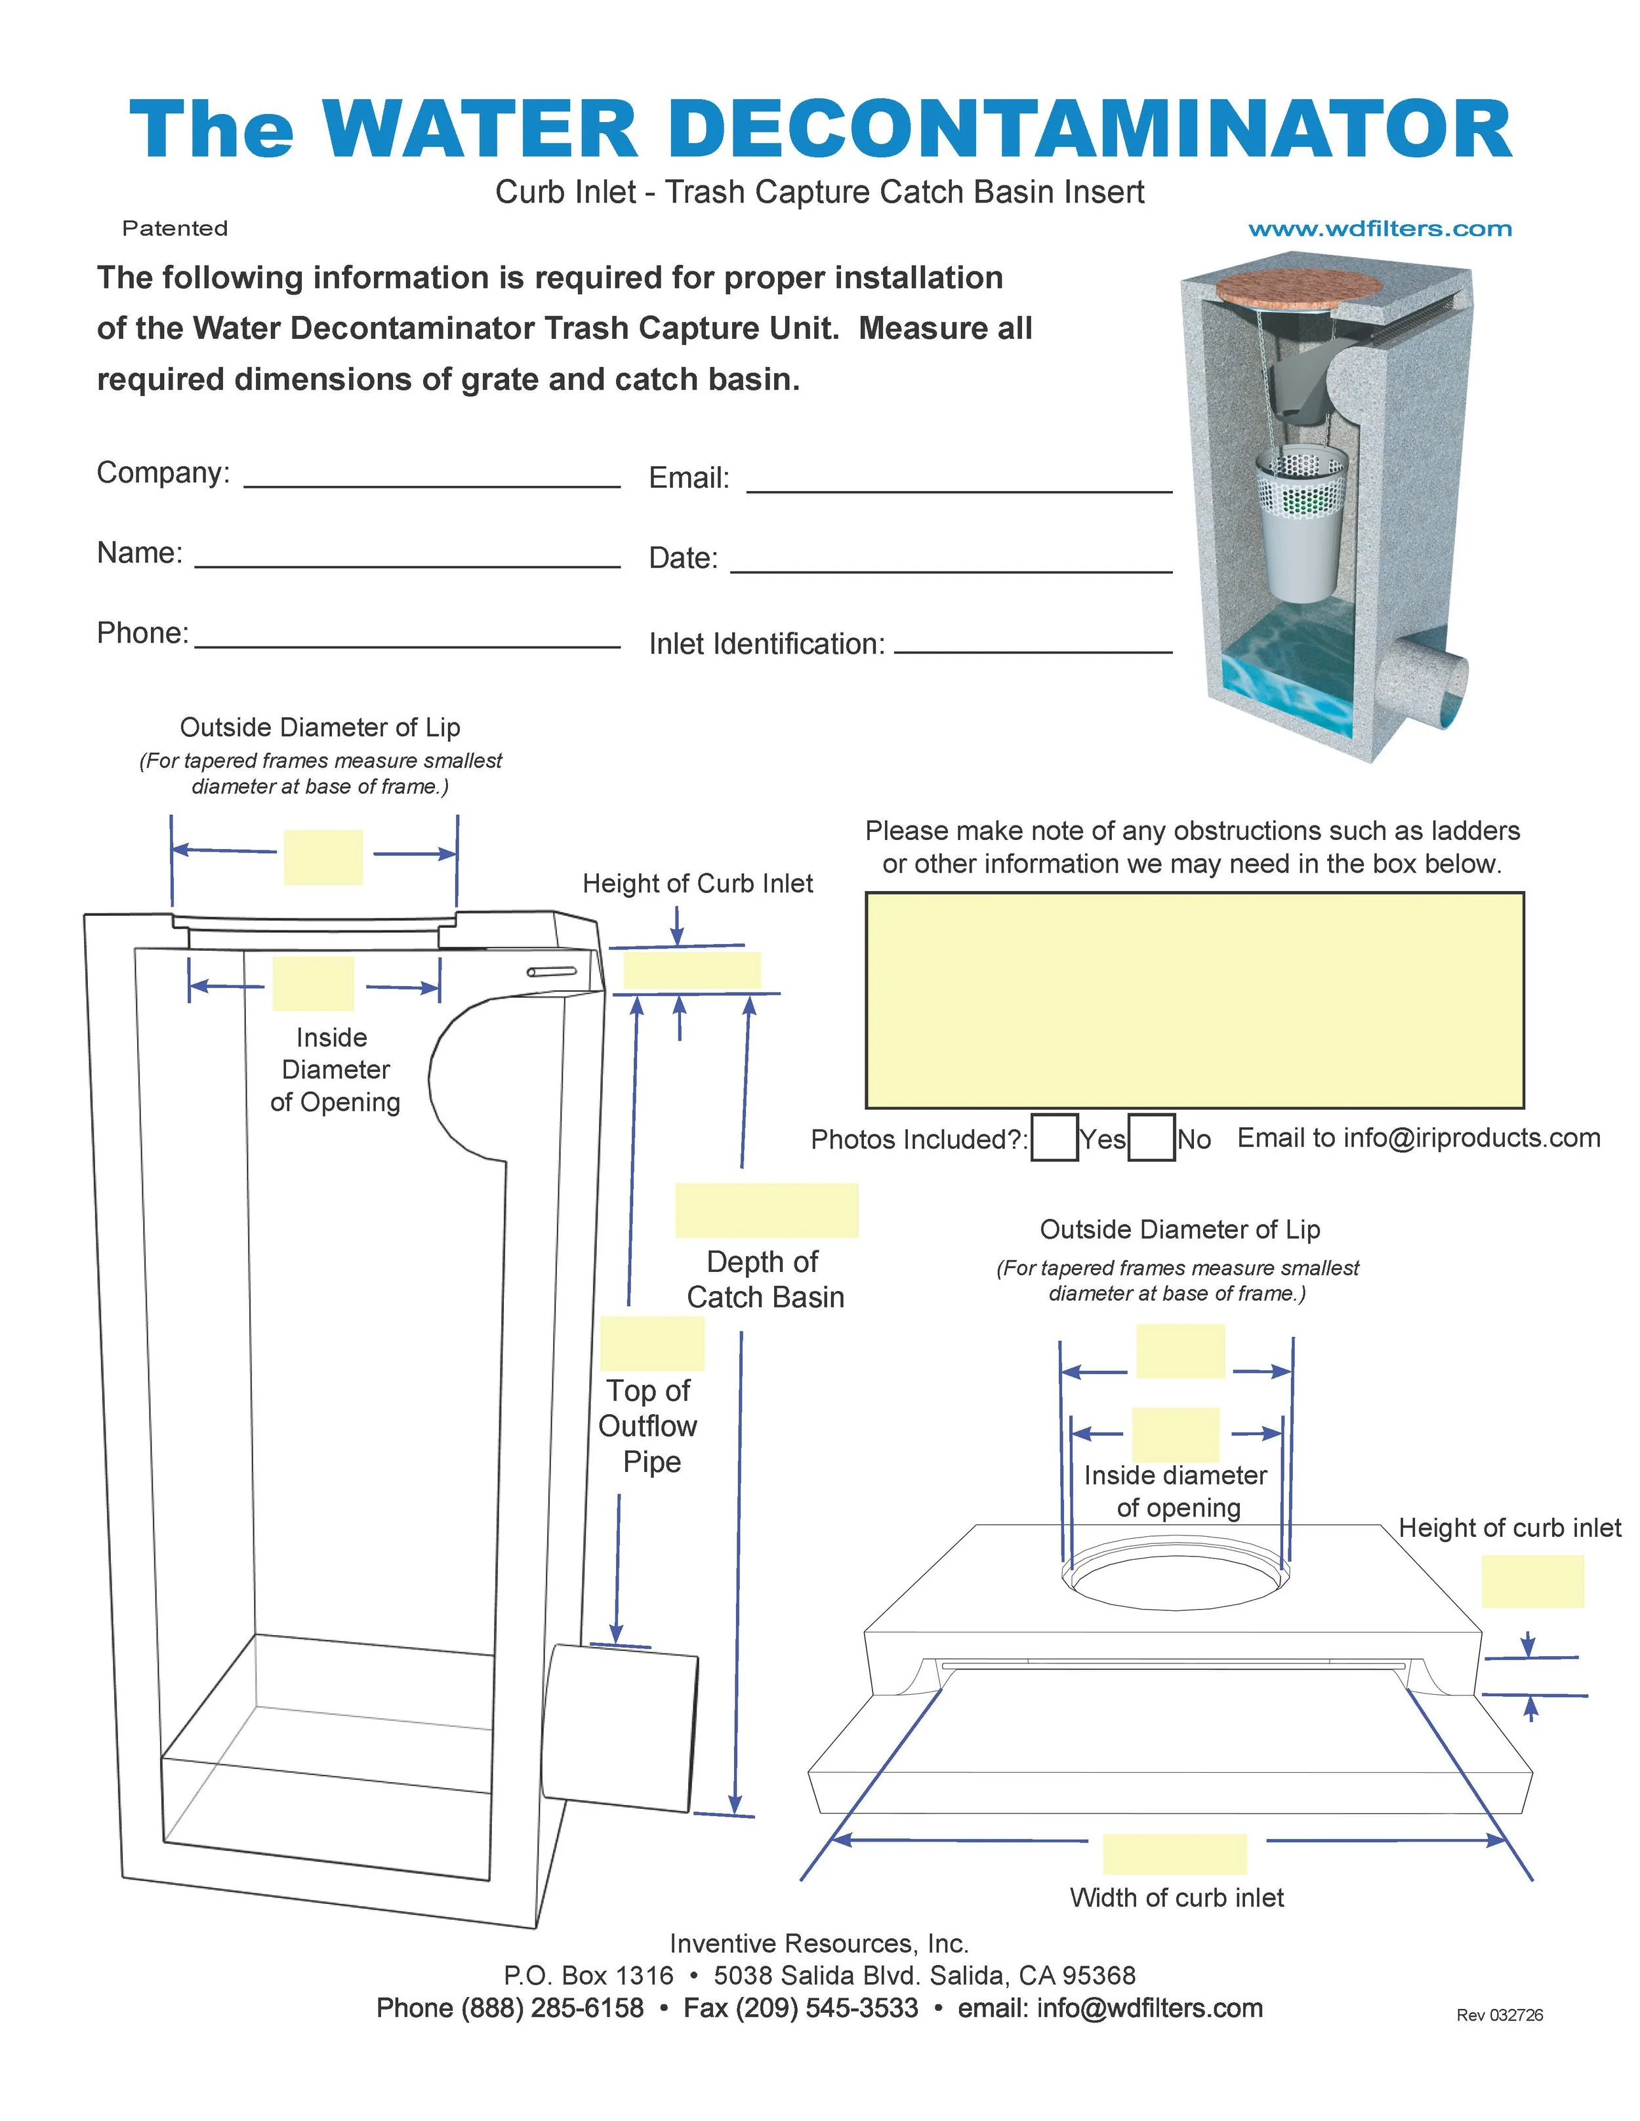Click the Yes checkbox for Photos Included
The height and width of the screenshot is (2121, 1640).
1054,1138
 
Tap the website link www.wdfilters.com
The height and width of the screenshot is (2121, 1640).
1380,229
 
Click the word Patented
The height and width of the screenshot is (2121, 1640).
175,228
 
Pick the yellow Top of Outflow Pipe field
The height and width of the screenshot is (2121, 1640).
652,1344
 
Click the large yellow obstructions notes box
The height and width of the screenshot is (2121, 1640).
1194,1001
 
